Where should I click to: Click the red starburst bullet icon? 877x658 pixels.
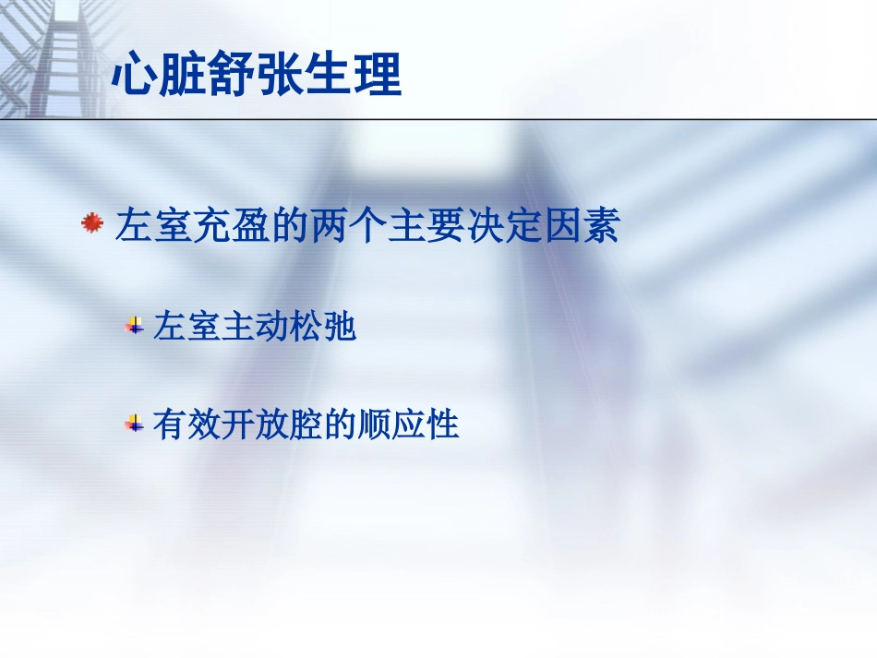[90, 223]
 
